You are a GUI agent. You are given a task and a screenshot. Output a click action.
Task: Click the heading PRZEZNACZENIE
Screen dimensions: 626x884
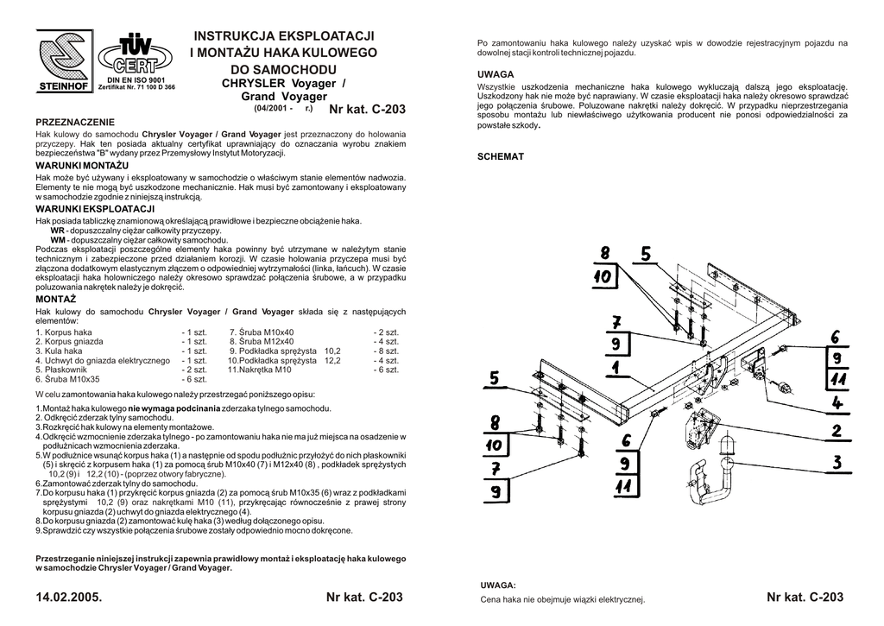pos(74,123)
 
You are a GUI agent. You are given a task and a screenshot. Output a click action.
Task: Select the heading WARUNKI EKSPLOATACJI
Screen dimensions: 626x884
pos(95,209)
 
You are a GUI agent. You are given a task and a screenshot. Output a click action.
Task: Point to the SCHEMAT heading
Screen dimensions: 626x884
pos(501,156)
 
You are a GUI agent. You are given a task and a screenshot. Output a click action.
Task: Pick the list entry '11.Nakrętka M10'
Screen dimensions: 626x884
pos(260,370)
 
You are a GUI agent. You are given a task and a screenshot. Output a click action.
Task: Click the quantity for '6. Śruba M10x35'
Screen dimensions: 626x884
pos(194,379)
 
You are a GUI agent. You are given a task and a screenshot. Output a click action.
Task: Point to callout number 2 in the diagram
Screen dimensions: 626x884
pos(837,431)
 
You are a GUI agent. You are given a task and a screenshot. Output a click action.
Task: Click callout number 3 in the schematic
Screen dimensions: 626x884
pos(837,464)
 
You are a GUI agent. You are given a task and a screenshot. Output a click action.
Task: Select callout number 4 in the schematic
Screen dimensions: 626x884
pos(837,402)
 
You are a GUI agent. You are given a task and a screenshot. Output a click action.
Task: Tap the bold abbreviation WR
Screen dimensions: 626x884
pos(57,231)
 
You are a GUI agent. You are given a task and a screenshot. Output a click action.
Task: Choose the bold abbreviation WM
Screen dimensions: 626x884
pos(58,240)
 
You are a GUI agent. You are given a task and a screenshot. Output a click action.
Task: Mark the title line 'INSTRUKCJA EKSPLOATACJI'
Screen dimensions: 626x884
pos(284,35)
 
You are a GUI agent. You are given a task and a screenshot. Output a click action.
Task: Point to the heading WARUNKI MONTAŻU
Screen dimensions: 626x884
pos(82,165)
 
